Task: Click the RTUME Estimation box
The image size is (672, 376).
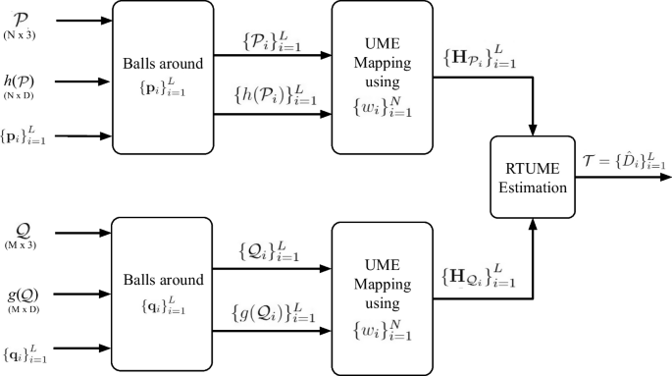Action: (x=533, y=179)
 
